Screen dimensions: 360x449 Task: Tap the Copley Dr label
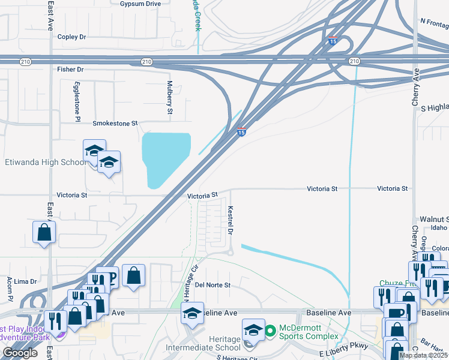click(x=72, y=37)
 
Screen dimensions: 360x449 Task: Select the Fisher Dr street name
click(x=70, y=70)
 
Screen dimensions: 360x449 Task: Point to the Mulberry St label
click(x=170, y=98)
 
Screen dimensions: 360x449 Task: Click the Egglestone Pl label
click(x=77, y=103)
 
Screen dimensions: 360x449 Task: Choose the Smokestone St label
click(x=115, y=123)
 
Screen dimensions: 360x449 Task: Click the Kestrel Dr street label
click(x=230, y=220)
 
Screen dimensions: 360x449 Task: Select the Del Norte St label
click(x=212, y=285)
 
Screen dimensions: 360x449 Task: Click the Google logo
click(x=20, y=353)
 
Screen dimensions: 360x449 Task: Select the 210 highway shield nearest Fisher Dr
click(x=146, y=62)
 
